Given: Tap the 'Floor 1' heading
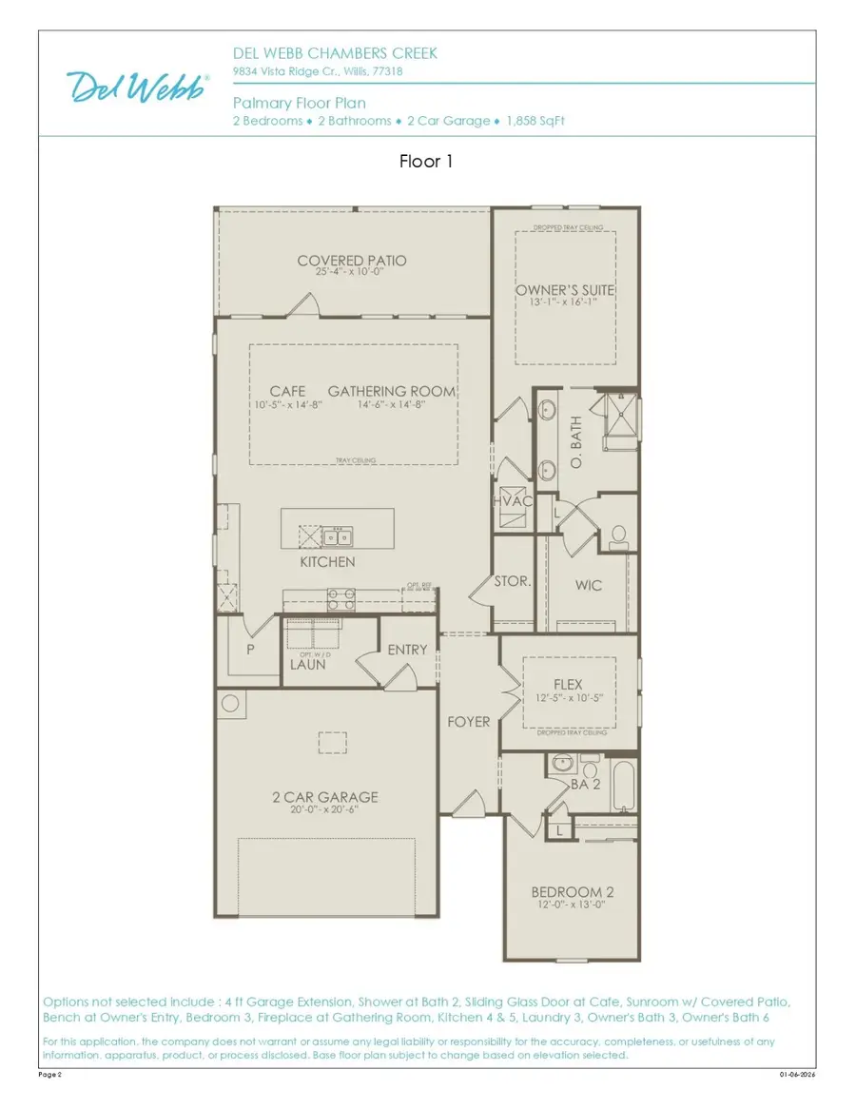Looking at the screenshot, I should (x=426, y=162).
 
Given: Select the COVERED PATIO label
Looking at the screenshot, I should (x=352, y=261).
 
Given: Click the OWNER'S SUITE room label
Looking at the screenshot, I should (x=565, y=290).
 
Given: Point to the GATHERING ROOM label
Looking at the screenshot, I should (x=392, y=392).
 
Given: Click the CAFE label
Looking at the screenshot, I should (x=287, y=392).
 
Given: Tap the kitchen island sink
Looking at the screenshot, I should (x=336, y=537).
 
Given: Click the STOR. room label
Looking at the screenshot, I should (x=512, y=581).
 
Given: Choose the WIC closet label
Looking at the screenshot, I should (x=588, y=586).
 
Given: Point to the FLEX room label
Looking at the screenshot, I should (x=568, y=685).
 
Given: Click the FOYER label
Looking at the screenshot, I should (x=469, y=722).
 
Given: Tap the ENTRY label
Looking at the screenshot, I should (x=407, y=650).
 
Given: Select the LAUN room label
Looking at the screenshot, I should (x=308, y=665).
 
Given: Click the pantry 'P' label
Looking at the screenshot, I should (x=251, y=651).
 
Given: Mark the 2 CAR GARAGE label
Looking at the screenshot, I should (x=324, y=797).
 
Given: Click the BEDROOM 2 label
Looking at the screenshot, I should (x=572, y=891).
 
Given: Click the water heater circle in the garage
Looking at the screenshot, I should (x=230, y=705).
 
